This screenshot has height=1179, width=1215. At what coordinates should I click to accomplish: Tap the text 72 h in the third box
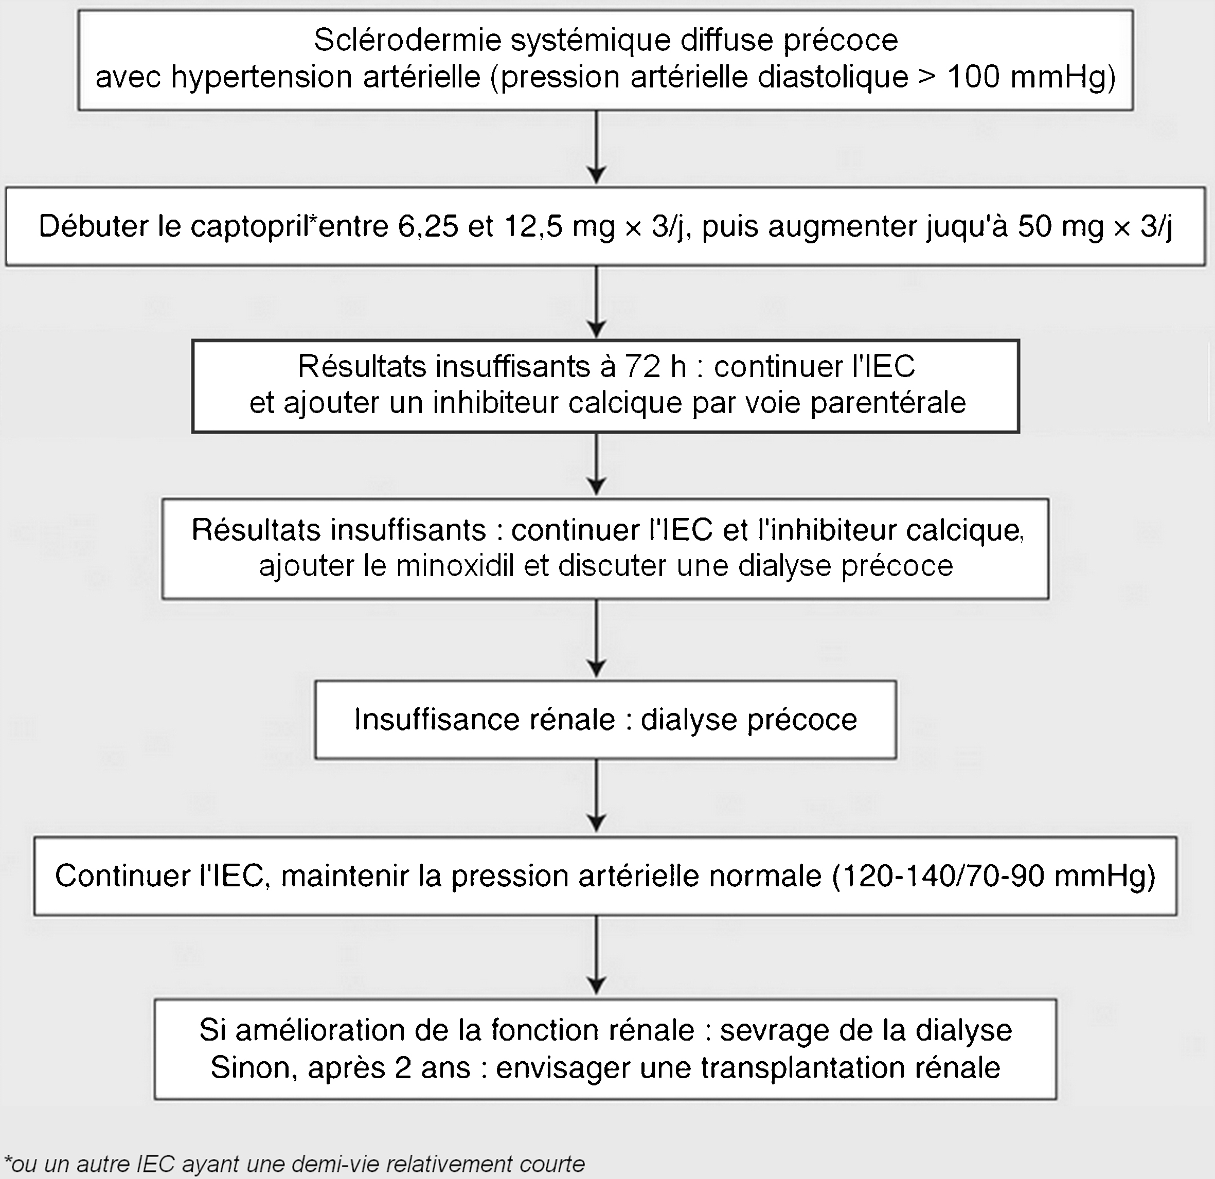click(655, 367)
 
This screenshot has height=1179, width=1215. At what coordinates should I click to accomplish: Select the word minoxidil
click(455, 566)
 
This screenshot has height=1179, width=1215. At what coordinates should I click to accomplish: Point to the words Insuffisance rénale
click(484, 720)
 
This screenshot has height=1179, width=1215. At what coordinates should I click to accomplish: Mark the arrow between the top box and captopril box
click(596, 147)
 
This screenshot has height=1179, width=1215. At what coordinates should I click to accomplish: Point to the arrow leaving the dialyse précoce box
click(596, 795)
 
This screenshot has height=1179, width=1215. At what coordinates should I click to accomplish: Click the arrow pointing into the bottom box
click(596, 955)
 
